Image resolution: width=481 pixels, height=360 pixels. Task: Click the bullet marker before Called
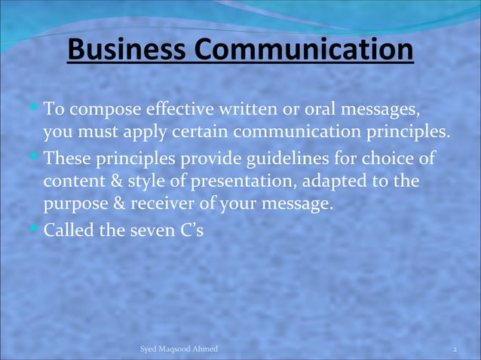(35, 225)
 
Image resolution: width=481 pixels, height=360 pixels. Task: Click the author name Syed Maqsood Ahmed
(179, 349)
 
